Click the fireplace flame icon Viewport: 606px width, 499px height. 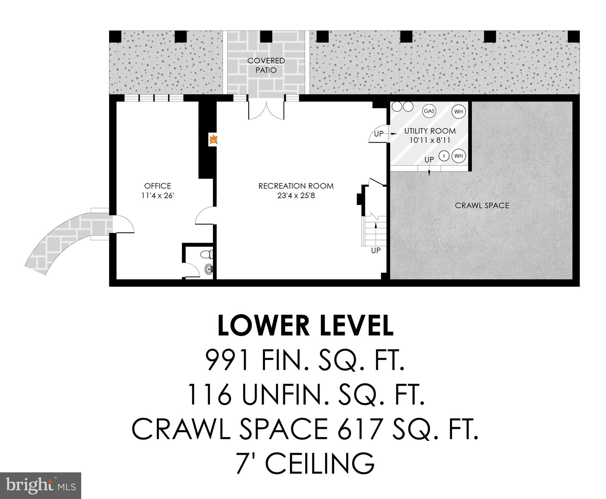(213, 140)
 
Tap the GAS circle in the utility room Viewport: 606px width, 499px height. (429, 111)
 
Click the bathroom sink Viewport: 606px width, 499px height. (208, 269)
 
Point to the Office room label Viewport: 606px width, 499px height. (158, 186)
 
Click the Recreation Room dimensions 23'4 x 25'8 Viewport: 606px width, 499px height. (296, 196)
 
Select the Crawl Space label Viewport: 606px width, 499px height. (482, 205)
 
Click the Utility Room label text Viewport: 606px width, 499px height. (430, 131)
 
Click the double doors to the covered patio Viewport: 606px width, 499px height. (266, 111)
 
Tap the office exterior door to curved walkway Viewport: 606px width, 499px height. (123, 224)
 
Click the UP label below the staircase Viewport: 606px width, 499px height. (376, 250)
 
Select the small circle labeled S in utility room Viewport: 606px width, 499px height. (444, 156)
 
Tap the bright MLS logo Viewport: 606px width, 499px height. (41, 485)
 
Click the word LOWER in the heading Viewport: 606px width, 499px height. (264, 326)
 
